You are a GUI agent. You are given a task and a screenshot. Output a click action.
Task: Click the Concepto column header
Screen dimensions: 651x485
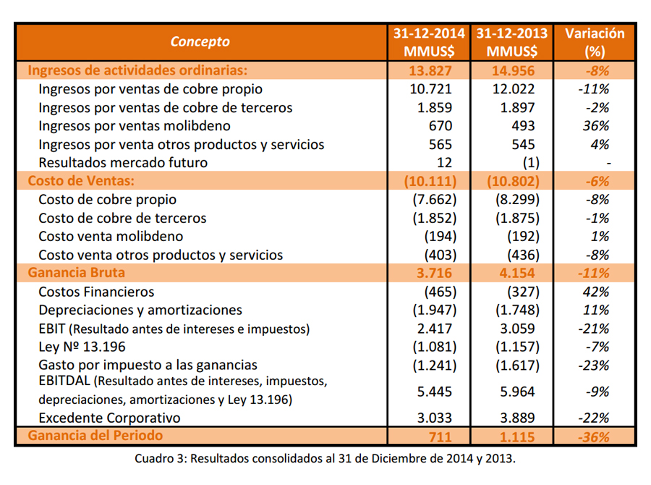[x=200, y=41]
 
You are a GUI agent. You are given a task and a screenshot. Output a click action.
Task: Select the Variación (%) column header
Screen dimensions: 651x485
[x=595, y=43]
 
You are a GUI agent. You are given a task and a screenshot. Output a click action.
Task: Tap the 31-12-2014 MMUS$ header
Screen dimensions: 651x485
[x=429, y=43]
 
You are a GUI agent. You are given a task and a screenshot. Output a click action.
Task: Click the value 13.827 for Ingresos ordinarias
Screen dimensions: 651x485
[x=430, y=71]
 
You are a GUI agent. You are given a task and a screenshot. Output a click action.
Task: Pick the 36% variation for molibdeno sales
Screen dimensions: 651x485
[x=596, y=126]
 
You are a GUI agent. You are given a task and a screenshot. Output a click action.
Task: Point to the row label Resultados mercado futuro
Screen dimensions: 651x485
[x=123, y=162]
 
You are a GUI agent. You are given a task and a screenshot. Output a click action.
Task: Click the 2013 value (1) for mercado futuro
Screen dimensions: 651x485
[x=531, y=162]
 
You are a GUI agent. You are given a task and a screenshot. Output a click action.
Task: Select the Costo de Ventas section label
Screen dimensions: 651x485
[x=81, y=181]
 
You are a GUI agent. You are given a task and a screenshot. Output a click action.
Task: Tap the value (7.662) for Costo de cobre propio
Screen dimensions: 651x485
[x=434, y=200]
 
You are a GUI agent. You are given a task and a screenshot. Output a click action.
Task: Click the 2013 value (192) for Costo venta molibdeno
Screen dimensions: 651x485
[x=523, y=237]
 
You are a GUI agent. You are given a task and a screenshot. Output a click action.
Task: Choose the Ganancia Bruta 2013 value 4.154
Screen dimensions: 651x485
[x=513, y=273]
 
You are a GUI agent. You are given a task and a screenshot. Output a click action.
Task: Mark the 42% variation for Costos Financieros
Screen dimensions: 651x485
[x=596, y=292]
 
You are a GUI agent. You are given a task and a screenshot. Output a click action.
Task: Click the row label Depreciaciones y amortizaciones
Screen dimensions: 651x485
[x=140, y=310]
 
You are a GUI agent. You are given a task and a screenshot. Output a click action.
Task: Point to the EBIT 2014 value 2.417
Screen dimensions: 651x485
[x=434, y=329]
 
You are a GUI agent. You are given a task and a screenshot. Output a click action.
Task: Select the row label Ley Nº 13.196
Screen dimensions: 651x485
[x=82, y=347]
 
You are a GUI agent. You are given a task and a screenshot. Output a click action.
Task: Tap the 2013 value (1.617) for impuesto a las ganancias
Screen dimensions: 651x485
[x=517, y=366]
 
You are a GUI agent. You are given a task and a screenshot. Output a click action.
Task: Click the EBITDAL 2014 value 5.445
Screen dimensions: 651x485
[x=434, y=392]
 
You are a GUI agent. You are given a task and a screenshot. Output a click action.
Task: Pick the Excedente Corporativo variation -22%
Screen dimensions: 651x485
[x=594, y=418]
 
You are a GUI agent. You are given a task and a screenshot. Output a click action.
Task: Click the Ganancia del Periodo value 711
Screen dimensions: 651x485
[x=440, y=436]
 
